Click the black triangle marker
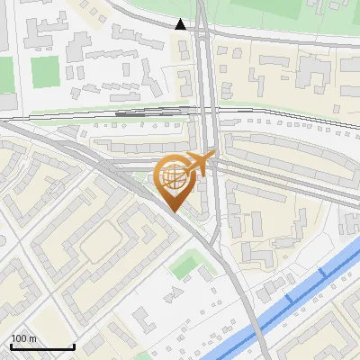[182, 24]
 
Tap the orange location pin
[176, 180]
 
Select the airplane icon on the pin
[196, 165]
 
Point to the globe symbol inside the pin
[175, 175]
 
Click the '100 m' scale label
[22, 338]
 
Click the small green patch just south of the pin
[186, 265]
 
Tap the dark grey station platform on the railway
[130, 113]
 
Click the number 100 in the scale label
[17, 338]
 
